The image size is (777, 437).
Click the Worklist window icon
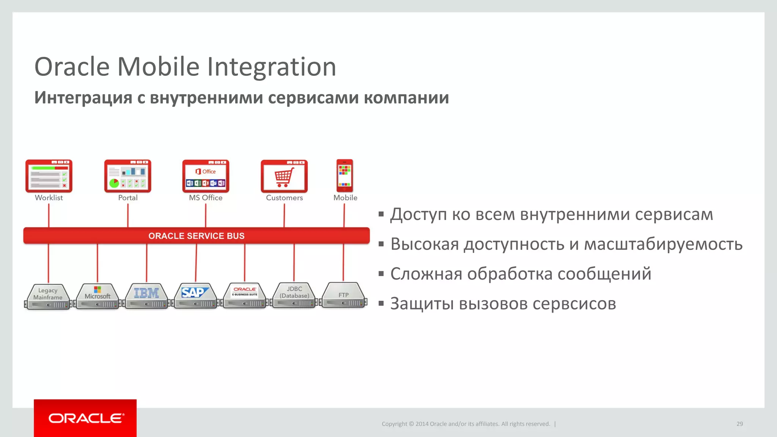49,176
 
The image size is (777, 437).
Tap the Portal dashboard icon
128,176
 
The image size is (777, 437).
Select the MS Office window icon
206,176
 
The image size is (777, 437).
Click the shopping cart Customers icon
284,176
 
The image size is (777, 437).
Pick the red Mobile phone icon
344,176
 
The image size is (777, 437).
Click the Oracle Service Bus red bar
197,236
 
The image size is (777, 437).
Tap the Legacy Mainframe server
48,297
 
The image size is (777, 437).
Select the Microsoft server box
98,296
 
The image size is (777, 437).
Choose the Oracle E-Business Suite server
245,296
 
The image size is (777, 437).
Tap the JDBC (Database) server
294,295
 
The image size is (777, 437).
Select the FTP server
343,295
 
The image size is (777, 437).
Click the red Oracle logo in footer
85,418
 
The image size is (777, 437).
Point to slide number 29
739,424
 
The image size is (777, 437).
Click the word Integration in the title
271,67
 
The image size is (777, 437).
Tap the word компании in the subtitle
406,97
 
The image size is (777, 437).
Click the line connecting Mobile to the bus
344,215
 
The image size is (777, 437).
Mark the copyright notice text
466,424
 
